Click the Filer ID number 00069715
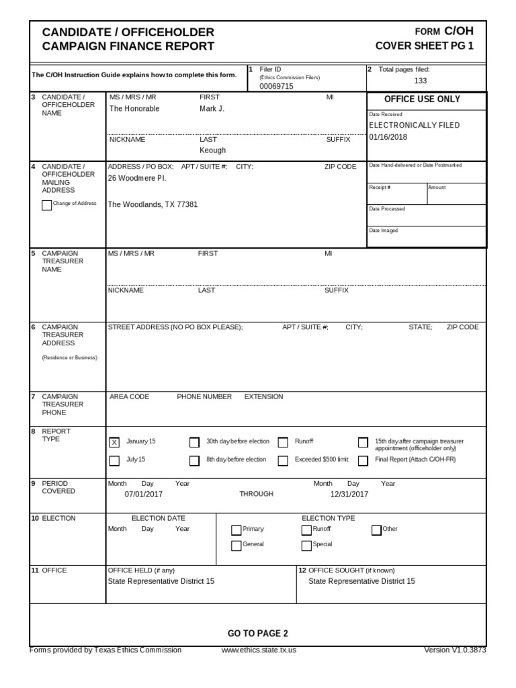(x=276, y=87)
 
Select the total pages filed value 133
(x=421, y=81)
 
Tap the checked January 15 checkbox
(x=114, y=442)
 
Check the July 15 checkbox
(x=114, y=460)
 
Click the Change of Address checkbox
(x=46, y=205)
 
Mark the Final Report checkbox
(x=363, y=460)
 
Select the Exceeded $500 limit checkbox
(x=283, y=460)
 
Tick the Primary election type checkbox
(x=236, y=530)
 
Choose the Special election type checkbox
(x=306, y=546)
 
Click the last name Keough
(x=212, y=150)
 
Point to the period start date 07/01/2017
(x=144, y=494)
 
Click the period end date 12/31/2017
(x=349, y=494)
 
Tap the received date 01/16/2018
(x=388, y=137)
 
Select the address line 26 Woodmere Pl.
(x=137, y=178)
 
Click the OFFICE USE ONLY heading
(x=422, y=99)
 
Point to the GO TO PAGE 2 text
(x=258, y=634)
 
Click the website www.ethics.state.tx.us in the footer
(x=259, y=650)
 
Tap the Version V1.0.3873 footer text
(x=455, y=650)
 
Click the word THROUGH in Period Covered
(x=256, y=494)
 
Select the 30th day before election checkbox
(x=194, y=442)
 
